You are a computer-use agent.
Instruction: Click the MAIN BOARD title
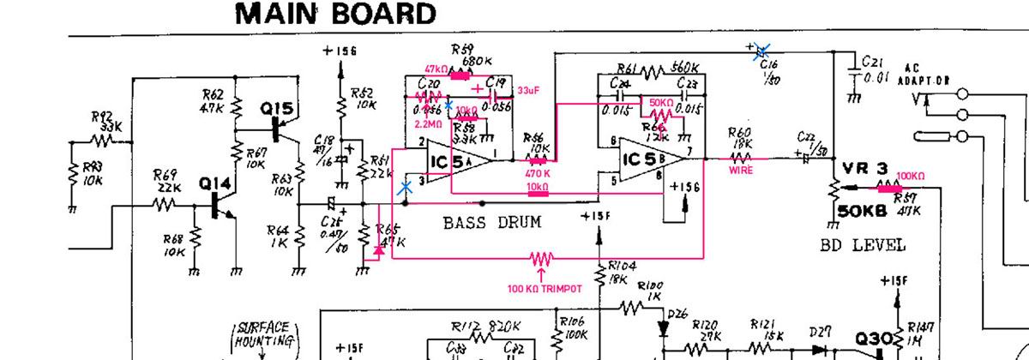coord(334,15)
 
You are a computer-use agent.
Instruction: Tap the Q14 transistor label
coord(209,183)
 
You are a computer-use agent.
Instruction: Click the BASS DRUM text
coord(492,224)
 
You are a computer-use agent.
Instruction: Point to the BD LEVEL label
coord(862,245)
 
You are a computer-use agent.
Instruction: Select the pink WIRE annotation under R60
coord(740,171)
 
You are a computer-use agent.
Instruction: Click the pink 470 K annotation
coord(538,172)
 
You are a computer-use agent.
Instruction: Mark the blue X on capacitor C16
coord(760,51)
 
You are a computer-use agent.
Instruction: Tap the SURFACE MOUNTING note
coord(266,335)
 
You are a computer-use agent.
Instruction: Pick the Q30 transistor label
coord(874,339)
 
